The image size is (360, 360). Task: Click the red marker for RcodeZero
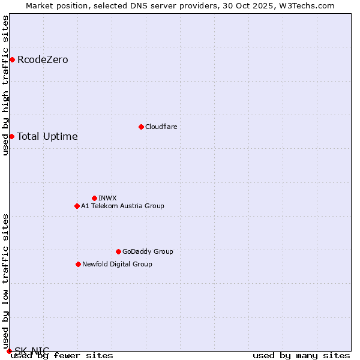click(12, 59)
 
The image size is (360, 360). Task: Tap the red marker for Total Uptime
click(11, 136)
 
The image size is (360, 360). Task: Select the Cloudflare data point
click(141, 127)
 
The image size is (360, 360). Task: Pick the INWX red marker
click(94, 198)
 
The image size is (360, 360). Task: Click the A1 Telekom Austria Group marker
click(77, 206)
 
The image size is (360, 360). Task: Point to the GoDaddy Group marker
click(118, 251)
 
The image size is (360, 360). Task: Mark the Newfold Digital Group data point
click(78, 264)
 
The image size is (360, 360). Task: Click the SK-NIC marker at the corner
click(9, 351)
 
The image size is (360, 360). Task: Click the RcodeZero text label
click(43, 59)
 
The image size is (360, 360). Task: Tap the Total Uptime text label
click(47, 136)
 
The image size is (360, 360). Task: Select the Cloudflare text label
click(161, 127)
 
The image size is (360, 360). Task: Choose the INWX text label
click(107, 198)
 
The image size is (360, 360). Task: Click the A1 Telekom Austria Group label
click(122, 206)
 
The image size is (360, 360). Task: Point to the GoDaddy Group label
click(148, 251)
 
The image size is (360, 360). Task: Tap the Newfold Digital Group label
click(117, 264)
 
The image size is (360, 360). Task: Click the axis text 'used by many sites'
click(301, 355)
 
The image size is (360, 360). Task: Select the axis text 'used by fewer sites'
click(62, 355)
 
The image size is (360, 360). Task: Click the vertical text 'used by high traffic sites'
click(5, 85)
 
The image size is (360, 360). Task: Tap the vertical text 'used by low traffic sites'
click(5, 281)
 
